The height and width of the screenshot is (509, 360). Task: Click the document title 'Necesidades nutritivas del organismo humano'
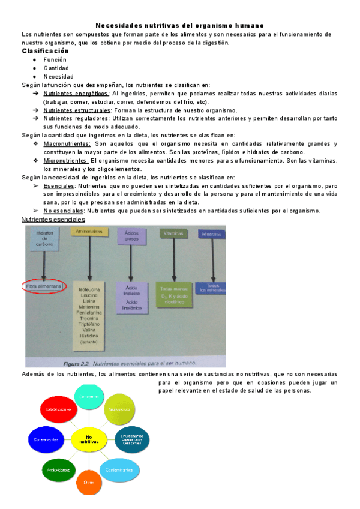[179, 26]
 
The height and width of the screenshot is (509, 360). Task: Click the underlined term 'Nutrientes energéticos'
[76, 94]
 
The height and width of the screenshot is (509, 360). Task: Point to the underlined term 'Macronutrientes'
[67, 144]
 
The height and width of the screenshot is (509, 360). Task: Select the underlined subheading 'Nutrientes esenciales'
[53, 220]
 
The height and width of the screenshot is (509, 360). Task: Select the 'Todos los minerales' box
[212, 288]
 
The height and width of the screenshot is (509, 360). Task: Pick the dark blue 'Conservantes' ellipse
[46, 439]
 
